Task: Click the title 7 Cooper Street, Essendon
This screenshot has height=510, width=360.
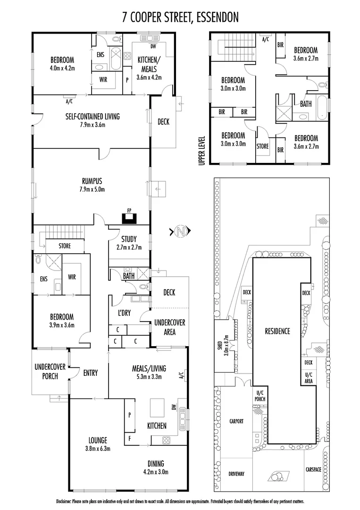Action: [x=180, y=17]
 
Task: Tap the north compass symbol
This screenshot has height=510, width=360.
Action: [x=179, y=231]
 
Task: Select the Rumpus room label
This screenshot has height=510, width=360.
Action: [x=92, y=181]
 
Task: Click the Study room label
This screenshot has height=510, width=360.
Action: [x=129, y=238]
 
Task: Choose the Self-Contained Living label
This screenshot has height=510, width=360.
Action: [x=92, y=116]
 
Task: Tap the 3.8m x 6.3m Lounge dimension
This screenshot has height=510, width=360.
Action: [x=98, y=449]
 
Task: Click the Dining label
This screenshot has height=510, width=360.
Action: [x=155, y=464]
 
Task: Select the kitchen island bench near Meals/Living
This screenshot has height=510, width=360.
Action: [x=158, y=406]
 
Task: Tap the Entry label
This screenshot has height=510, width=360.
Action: [x=90, y=373]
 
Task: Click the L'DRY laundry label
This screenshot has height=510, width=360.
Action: [x=124, y=313]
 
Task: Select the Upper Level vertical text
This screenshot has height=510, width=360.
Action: [x=202, y=150]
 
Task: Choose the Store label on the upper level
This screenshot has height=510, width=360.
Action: [x=262, y=146]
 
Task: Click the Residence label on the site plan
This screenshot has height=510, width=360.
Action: [x=277, y=331]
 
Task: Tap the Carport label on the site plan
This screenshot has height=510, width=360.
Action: [x=236, y=421]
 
